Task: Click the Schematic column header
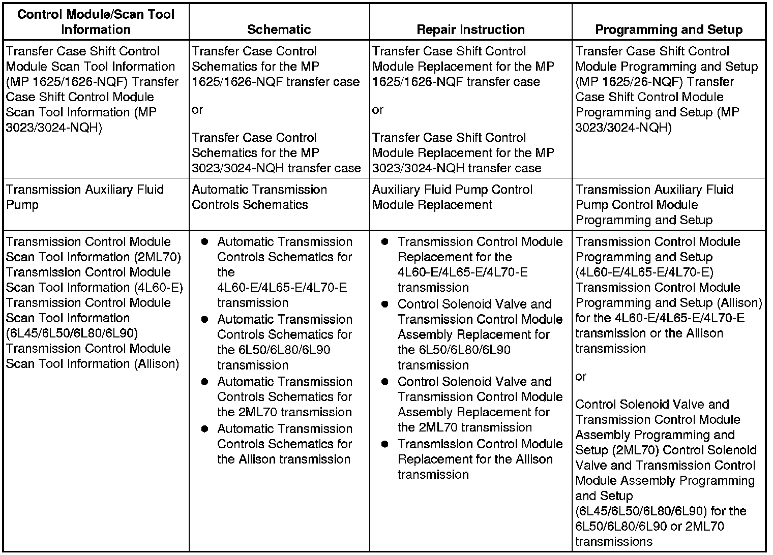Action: (x=279, y=29)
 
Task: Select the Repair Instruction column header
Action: (x=470, y=29)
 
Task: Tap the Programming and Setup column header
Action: (x=668, y=29)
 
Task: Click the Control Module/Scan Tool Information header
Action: (x=96, y=22)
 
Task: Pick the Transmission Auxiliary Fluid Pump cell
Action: (x=85, y=197)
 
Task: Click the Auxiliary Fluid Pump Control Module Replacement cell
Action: (x=452, y=197)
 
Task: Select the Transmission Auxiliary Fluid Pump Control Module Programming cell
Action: (x=654, y=205)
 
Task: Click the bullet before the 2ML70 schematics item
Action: (x=204, y=382)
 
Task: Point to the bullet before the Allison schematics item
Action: (x=204, y=429)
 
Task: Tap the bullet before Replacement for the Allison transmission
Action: (x=385, y=444)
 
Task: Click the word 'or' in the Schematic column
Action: (x=197, y=110)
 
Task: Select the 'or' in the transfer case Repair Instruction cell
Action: (x=378, y=110)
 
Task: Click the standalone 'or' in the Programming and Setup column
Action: (x=581, y=377)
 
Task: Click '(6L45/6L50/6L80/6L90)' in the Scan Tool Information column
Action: (x=72, y=333)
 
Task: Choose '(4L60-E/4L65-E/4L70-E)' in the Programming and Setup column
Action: (x=644, y=272)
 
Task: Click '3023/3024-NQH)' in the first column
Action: (x=53, y=128)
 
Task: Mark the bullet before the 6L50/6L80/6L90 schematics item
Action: (x=204, y=320)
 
